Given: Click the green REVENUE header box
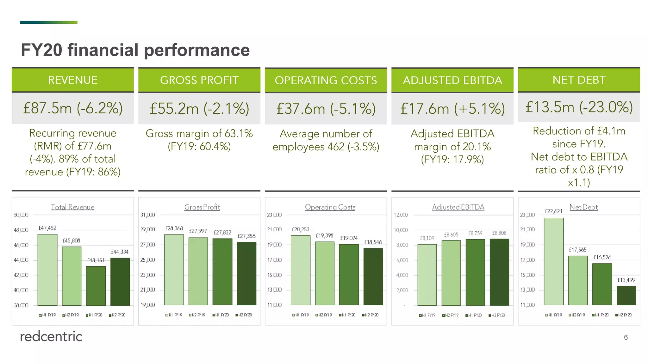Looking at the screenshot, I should [72, 80].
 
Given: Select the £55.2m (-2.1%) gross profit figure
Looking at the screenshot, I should [199, 108].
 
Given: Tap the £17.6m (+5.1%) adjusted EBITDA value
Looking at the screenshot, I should [452, 108].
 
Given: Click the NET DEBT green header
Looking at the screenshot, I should [579, 80].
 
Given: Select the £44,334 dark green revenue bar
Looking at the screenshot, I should [120, 282].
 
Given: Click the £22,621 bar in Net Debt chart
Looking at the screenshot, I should [554, 261].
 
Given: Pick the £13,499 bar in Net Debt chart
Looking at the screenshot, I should [626, 295].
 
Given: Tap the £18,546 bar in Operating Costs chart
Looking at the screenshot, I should [373, 276].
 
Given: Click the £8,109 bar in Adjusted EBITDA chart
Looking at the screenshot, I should [427, 275].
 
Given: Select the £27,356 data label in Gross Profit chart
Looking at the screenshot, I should [246, 236].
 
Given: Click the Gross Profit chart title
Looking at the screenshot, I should [202, 207].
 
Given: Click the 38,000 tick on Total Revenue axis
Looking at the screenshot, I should [21, 305].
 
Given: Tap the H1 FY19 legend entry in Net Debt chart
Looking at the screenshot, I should [554, 315].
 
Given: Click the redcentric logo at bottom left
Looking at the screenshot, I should [51, 337].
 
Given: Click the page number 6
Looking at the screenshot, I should [626, 337].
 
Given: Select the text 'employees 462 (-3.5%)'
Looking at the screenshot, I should [326, 147].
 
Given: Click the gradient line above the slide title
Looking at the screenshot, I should [48, 22].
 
